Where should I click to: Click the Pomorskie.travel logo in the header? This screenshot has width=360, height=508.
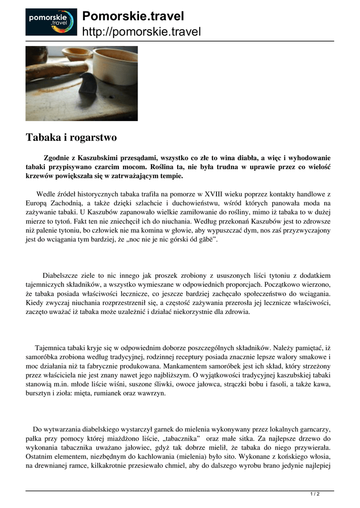tap(51, 22)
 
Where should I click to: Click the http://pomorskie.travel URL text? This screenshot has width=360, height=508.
tap(142, 32)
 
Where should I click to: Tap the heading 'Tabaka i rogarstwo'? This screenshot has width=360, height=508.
tap(71, 137)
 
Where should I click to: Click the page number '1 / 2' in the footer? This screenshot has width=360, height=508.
tap(315, 494)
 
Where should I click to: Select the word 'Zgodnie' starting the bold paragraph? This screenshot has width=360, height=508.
tap(57, 157)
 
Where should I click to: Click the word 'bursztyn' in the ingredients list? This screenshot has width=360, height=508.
tap(39, 393)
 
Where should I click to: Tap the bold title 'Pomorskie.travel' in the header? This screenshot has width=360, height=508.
tap(133, 16)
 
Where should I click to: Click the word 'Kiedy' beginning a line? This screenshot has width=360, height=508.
tap(35, 303)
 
